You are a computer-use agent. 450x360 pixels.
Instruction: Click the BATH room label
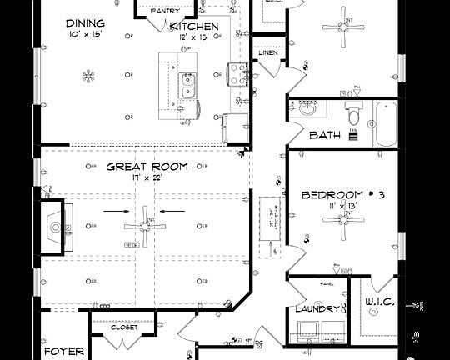(x=325, y=134)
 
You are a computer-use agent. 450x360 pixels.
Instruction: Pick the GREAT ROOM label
(x=147, y=167)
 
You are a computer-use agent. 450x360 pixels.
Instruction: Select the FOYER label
(x=64, y=351)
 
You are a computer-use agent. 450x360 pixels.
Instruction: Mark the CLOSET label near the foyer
(x=124, y=327)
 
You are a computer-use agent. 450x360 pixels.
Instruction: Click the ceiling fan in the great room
(x=144, y=226)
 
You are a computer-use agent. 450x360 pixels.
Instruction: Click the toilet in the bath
(x=352, y=112)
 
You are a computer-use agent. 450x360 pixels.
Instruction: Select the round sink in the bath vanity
(x=308, y=108)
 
